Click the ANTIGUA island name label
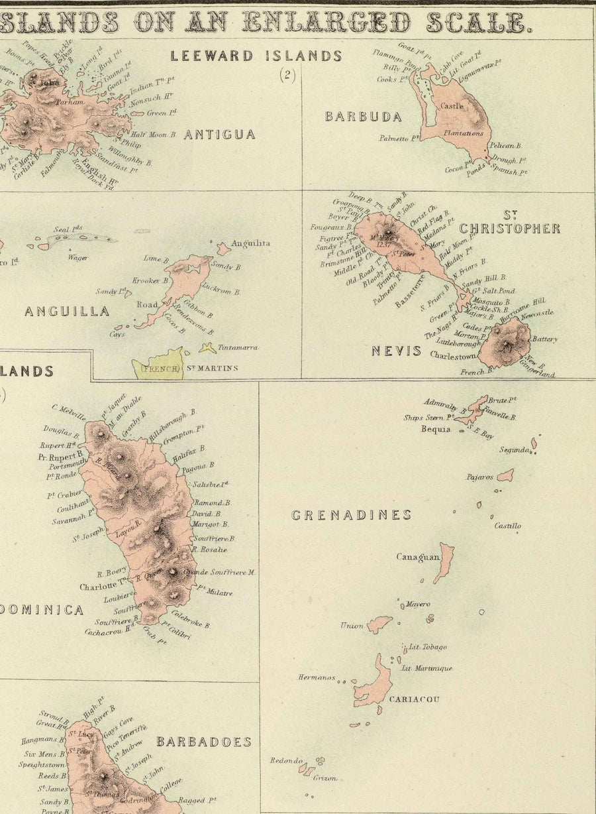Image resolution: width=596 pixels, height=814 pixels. click(219, 135)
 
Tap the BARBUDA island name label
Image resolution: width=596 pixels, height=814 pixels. click(363, 117)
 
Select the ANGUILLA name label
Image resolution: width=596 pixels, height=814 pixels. click(66, 311)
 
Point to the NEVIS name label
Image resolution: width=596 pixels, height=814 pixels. click(396, 351)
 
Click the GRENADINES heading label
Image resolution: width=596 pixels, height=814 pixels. click(351, 515)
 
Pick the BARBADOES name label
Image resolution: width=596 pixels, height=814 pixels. click(204, 742)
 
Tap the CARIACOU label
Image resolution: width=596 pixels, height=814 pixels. click(414, 699)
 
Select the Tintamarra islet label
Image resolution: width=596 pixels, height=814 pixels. click(238, 347)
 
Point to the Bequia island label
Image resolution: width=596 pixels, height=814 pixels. click(436, 429)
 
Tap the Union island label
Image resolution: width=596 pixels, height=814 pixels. click(352, 625)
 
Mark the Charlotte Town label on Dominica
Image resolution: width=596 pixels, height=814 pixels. click(103, 586)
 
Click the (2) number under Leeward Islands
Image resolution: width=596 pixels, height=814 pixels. click(287, 75)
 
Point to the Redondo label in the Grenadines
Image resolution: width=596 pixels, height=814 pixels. click(286, 761)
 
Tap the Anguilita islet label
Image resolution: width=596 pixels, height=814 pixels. click(250, 243)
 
